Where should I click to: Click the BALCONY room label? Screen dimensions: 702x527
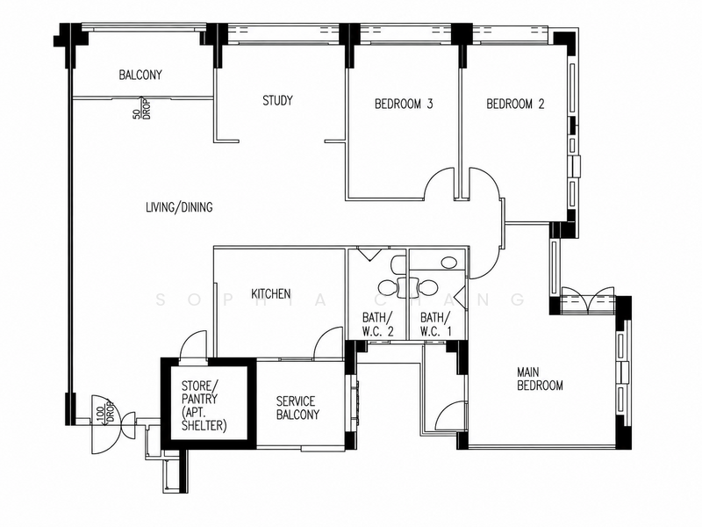pos(140,75)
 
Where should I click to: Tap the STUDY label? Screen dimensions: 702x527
pos(277,100)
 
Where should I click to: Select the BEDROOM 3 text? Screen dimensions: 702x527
pos(404,104)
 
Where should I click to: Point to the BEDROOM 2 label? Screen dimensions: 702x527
pos(515,104)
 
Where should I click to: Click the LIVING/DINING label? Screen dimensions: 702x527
pos(179,207)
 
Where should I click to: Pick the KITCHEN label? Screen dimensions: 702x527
pos(271,294)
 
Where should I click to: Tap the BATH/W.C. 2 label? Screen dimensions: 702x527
pos(378,324)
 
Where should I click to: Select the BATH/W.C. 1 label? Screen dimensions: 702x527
pos(435,324)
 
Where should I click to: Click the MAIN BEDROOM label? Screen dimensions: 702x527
pos(540,379)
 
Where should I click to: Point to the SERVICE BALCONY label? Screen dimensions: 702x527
pos(297,408)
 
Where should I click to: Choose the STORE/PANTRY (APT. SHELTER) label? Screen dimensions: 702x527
pos(204,406)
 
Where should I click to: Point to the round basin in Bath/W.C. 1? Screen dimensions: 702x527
pos(448,262)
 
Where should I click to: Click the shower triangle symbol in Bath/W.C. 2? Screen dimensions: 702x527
pos(369,255)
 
